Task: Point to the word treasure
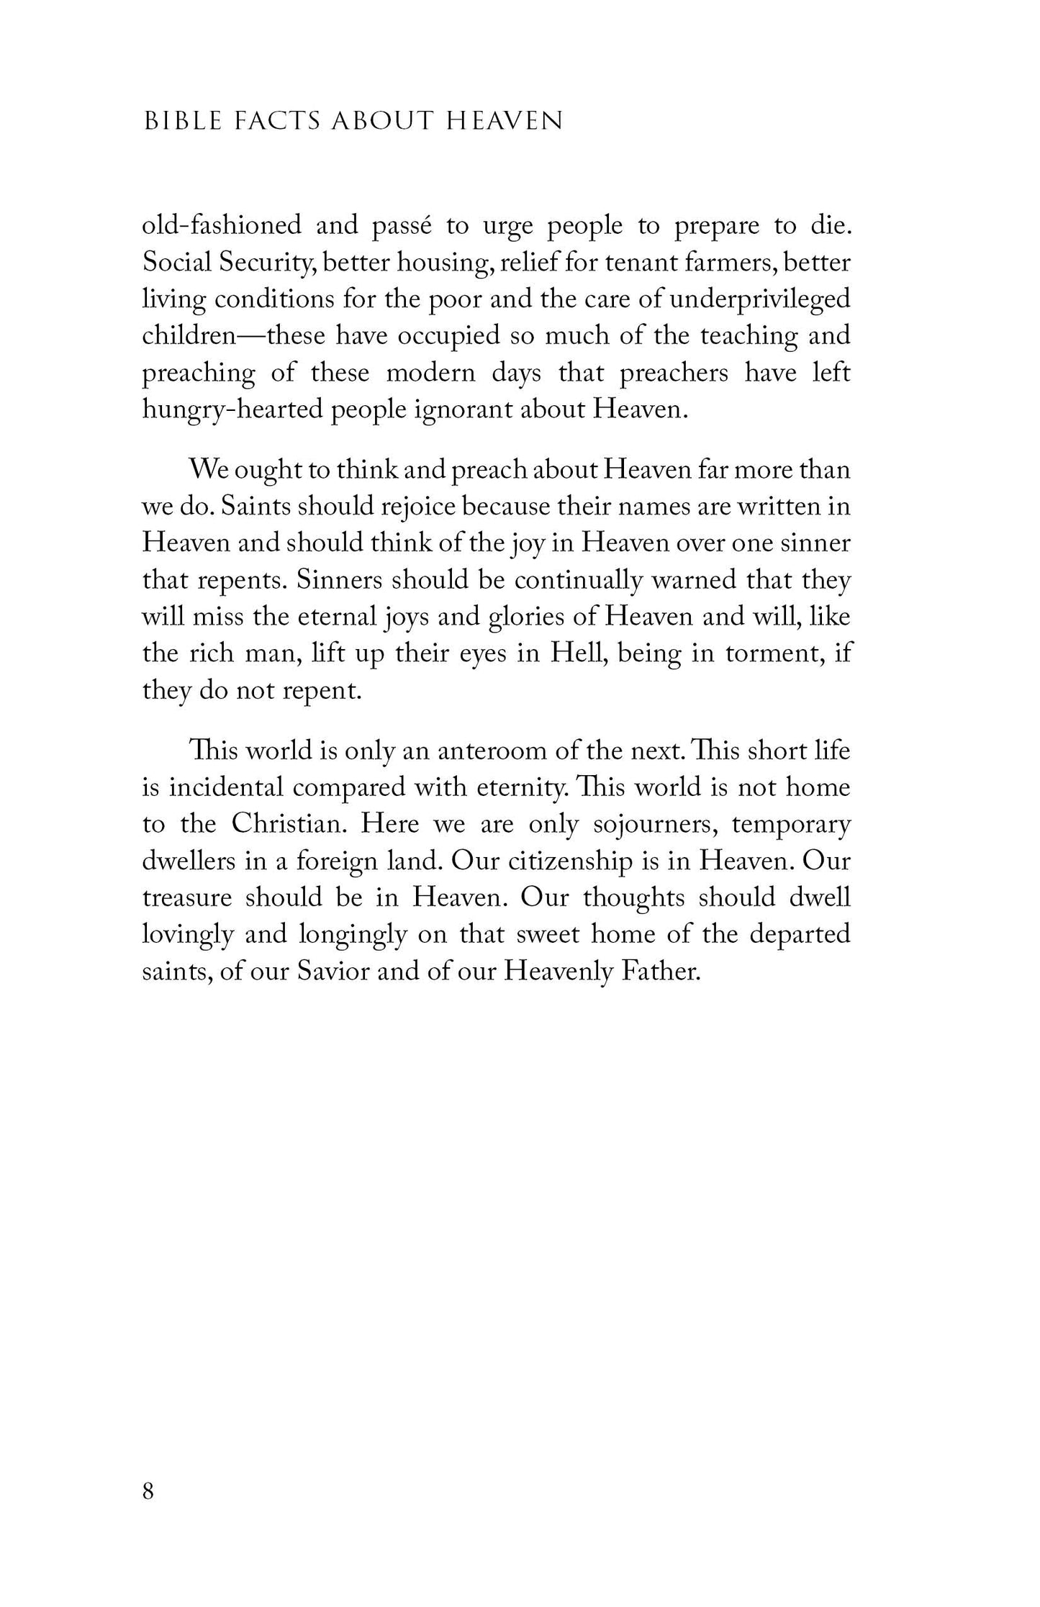pos(187,898)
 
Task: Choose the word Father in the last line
pos(661,972)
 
